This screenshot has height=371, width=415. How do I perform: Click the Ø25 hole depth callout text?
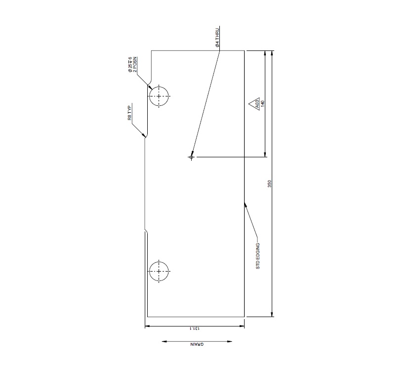[x=130, y=65]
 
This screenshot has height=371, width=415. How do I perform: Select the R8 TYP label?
[x=130, y=113]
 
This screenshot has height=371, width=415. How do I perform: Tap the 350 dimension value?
[x=269, y=184]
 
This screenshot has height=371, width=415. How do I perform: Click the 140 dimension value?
[x=263, y=103]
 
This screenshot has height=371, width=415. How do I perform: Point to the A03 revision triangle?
[x=256, y=104]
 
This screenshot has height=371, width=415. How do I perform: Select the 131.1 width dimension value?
[x=195, y=328]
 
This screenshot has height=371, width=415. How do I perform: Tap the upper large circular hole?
[x=159, y=95]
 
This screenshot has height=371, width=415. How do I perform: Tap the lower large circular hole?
[x=159, y=271]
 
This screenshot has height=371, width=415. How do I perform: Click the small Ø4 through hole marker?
[x=191, y=157]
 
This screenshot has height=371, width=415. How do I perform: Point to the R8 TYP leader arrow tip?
[x=145, y=136]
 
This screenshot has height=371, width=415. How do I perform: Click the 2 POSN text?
[x=135, y=65]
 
